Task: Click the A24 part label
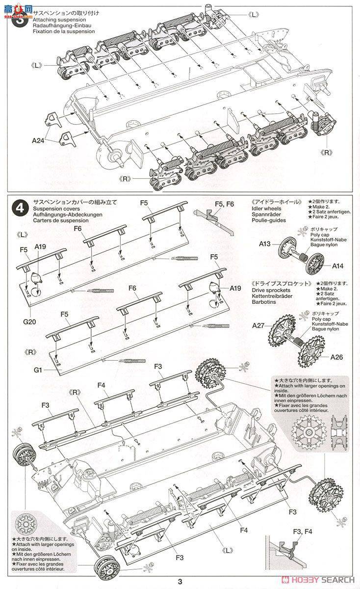38,140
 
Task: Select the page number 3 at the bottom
180,582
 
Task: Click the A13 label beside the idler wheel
265,243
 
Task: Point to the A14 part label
338,266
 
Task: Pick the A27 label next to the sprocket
259,325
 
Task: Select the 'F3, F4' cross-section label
302,532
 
